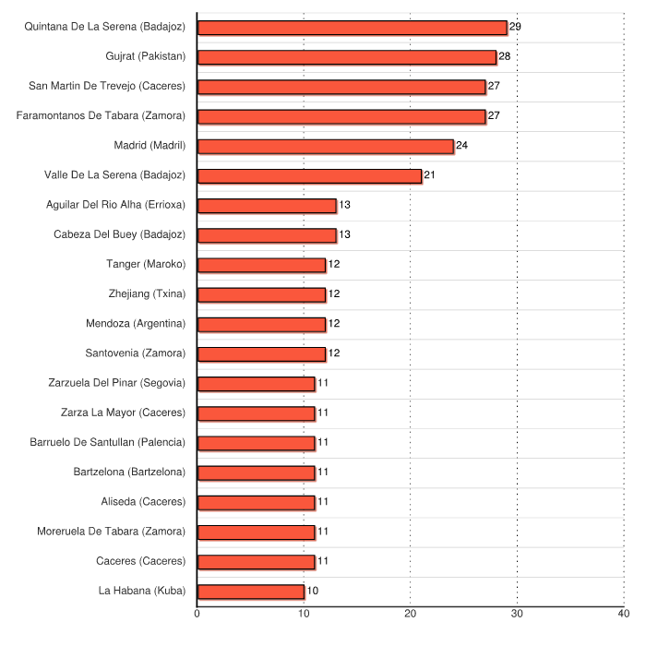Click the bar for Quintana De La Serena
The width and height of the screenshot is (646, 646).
click(352, 28)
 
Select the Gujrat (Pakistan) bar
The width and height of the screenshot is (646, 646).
click(347, 57)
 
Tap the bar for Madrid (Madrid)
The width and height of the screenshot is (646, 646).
click(326, 146)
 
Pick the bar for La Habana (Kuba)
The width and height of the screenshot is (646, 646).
click(251, 591)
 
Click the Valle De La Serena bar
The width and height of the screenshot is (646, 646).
click(309, 175)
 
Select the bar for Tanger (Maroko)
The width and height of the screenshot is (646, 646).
click(261, 265)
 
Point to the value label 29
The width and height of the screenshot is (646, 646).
click(515, 27)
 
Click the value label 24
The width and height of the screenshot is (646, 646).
click(462, 146)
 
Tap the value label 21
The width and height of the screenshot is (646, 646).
click(430, 175)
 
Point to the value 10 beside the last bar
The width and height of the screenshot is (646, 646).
click(313, 591)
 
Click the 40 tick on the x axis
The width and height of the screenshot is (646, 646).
click(624, 614)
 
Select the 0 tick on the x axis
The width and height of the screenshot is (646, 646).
click(197, 614)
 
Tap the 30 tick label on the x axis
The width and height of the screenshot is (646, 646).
click(517, 614)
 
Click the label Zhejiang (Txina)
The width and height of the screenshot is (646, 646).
click(147, 294)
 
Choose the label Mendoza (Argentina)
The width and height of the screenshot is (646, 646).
click(136, 324)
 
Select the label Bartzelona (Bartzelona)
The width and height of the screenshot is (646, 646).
click(129, 473)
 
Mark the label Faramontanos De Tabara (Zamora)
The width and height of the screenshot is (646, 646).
click(102, 116)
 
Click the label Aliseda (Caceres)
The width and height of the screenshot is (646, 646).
click(143, 502)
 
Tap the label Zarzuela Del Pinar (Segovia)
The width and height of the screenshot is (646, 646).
click(116, 383)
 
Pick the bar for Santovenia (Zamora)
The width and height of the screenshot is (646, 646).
click(261, 353)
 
